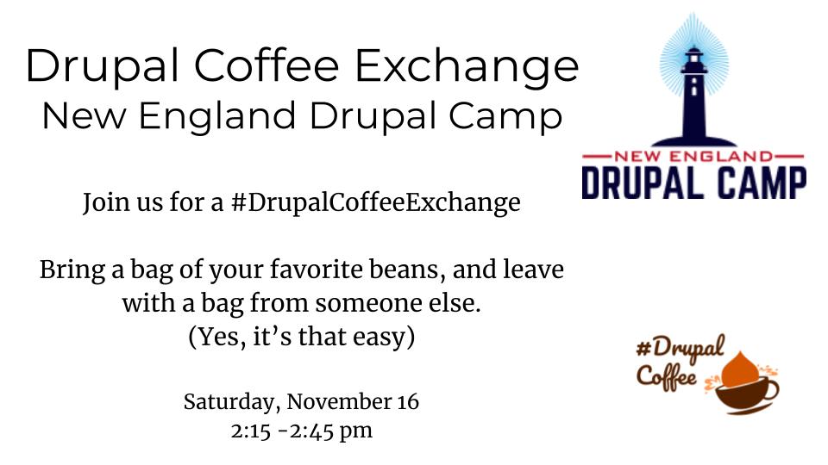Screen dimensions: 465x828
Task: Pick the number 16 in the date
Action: pyautogui.click(x=408, y=401)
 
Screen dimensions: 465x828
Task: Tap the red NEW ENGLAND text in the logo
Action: pyautogui.click(x=693, y=157)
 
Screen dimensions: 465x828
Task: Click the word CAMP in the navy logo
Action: pyautogui.click(x=760, y=183)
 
